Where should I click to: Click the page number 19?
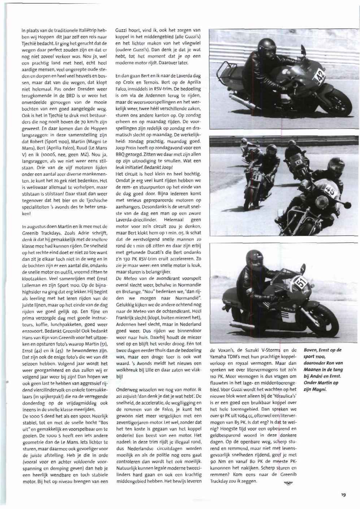[x=343, y=495]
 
